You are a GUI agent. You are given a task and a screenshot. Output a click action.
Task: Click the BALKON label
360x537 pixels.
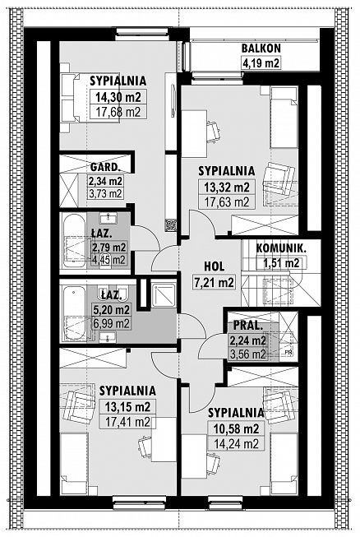[261, 49]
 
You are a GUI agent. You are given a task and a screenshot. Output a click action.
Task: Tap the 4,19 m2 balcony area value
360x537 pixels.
[261, 63]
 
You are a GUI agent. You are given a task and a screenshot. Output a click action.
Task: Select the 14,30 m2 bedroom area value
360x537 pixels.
[118, 97]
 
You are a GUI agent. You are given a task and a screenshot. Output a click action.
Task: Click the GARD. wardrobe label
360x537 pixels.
[105, 168]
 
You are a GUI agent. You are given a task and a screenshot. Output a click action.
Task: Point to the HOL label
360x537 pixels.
[215, 266]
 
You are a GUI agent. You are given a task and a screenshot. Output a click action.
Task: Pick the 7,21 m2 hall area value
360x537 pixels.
[215, 283]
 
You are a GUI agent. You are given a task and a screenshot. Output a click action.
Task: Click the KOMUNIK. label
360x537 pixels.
[281, 248]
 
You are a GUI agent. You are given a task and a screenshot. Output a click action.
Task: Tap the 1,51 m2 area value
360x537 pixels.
[281, 263]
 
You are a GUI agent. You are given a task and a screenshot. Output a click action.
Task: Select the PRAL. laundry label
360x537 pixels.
[247, 326]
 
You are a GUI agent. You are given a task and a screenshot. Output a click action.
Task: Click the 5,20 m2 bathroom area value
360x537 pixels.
[112, 310]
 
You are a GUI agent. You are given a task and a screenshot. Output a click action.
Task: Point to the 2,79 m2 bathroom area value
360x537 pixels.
[108, 247]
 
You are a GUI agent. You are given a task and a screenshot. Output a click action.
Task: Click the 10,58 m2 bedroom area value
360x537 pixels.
[236, 428]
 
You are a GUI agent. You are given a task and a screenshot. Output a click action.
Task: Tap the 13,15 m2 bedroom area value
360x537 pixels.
[127, 407]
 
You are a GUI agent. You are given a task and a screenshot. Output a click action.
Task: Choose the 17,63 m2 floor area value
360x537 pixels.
[227, 202]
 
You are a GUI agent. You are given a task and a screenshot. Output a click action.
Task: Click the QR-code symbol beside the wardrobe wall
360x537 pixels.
[170, 225]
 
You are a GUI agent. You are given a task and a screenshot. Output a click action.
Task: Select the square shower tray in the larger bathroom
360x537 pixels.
[164, 295]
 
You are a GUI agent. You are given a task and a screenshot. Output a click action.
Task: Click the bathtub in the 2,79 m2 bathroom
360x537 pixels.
[74, 241]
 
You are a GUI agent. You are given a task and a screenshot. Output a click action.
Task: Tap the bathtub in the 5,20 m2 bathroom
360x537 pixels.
[74, 313]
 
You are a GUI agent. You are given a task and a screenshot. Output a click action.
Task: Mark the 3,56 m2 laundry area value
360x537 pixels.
[248, 354]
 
